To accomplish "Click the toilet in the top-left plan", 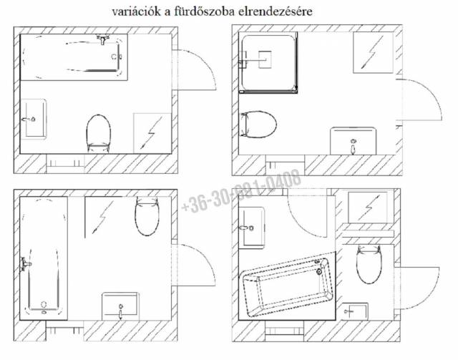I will pyautogui.click(x=99, y=132).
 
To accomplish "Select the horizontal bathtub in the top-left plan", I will pyautogui.click(x=72, y=57).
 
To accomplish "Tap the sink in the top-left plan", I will pyautogui.click(x=34, y=117).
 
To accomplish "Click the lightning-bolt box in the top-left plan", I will pyautogui.click(x=152, y=132).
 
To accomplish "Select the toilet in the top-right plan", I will pyautogui.click(x=259, y=124).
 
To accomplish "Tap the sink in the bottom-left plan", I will pyautogui.click(x=123, y=304).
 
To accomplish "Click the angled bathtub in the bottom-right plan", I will pyautogui.click(x=289, y=288).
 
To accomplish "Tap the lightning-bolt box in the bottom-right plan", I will pyautogui.click(x=369, y=208).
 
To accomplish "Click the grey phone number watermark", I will pyautogui.click(x=242, y=195).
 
